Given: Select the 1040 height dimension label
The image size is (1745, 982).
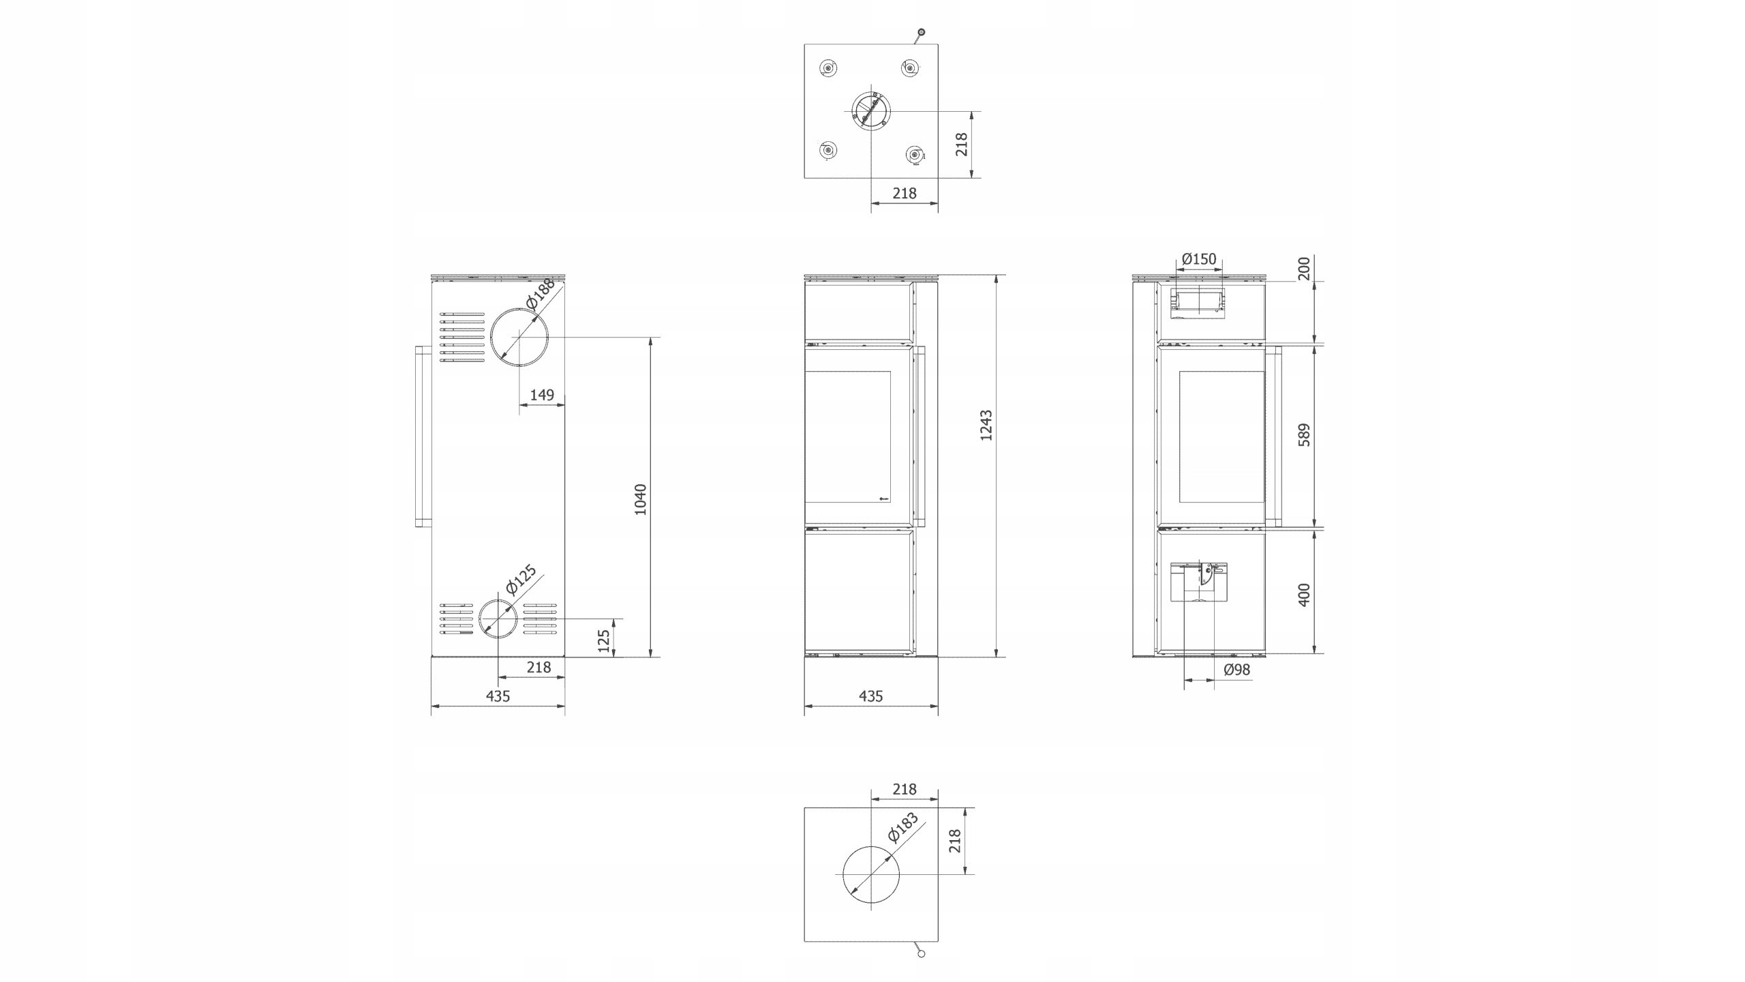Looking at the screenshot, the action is tap(640, 499).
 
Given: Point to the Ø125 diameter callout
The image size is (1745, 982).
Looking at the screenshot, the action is tap(521, 580).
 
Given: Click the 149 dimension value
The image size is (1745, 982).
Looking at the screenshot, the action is tap(542, 395).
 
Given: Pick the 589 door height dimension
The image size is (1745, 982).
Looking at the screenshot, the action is tap(1303, 434).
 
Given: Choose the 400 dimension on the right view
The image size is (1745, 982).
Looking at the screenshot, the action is tap(1303, 595).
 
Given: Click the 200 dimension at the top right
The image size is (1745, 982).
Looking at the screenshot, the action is tap(1303, 268).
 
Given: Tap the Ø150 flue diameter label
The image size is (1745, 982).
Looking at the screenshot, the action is tap(1199, 259).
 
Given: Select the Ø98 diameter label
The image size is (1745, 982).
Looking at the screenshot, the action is tap(1237, 670).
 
